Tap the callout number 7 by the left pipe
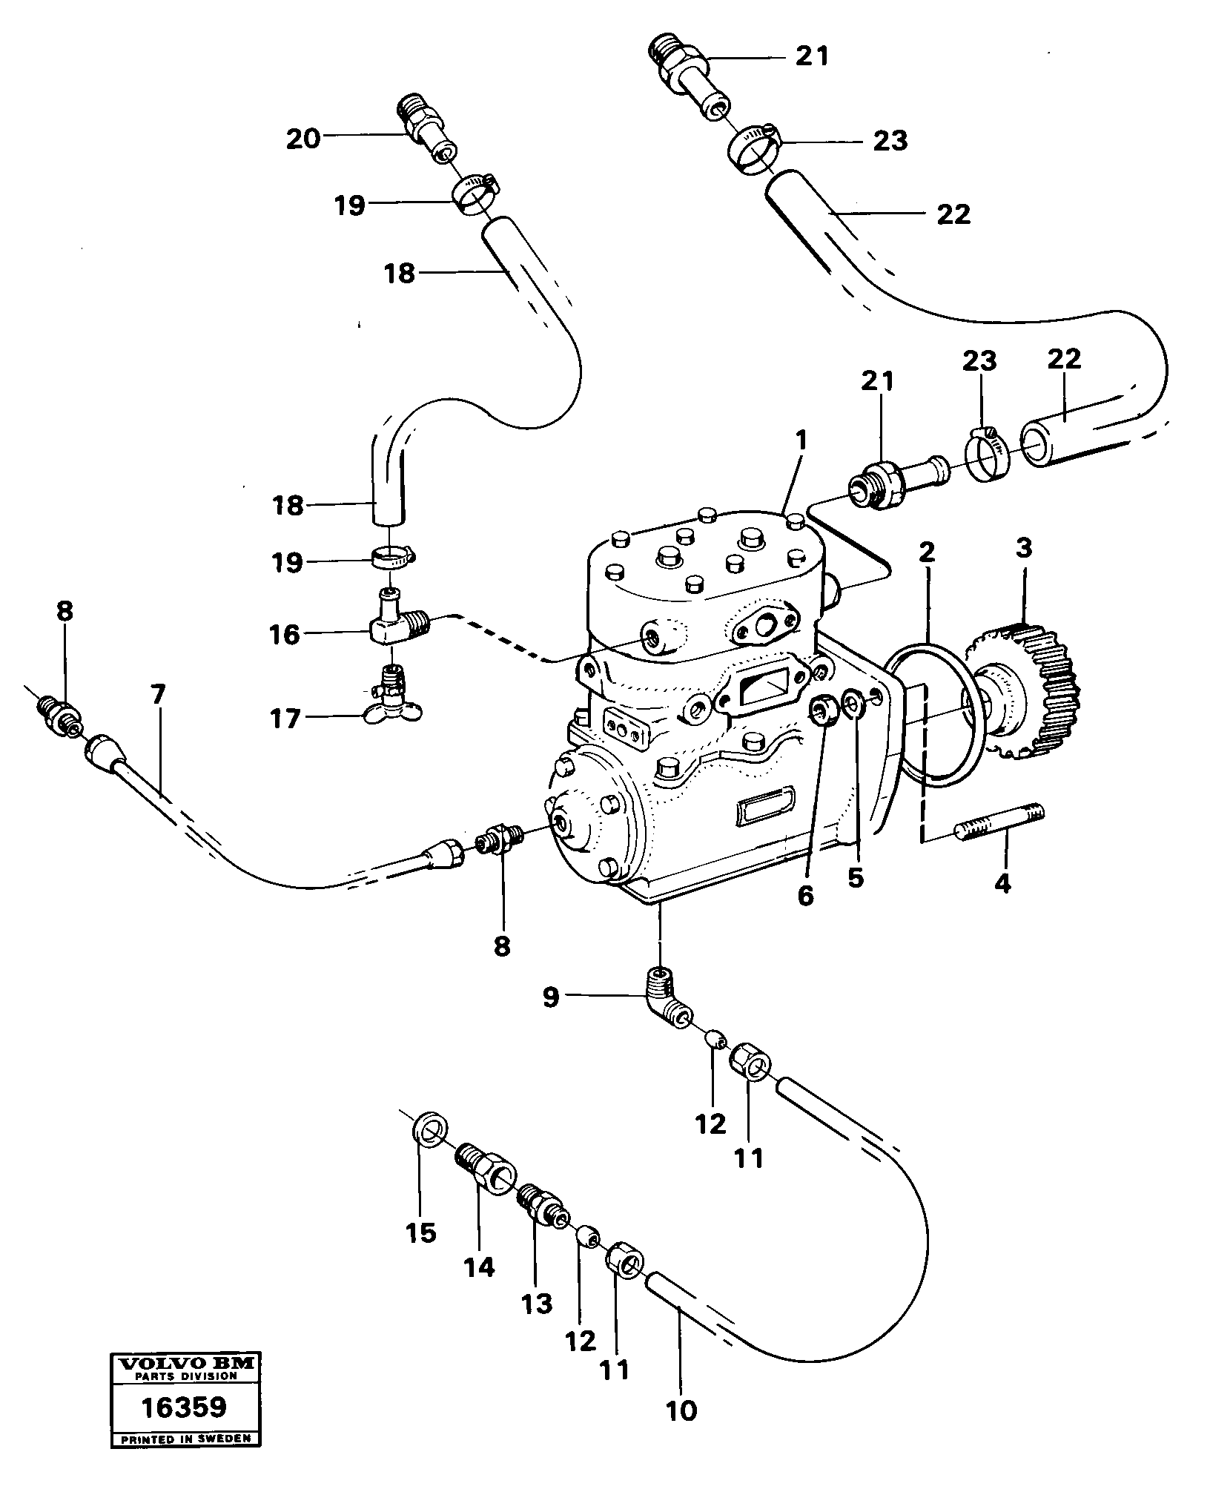pyautogui.click(x=157, y=695)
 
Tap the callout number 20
pyautogui.click(x=303, y=139)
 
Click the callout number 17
pyautogui.click(x=285, y=718)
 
